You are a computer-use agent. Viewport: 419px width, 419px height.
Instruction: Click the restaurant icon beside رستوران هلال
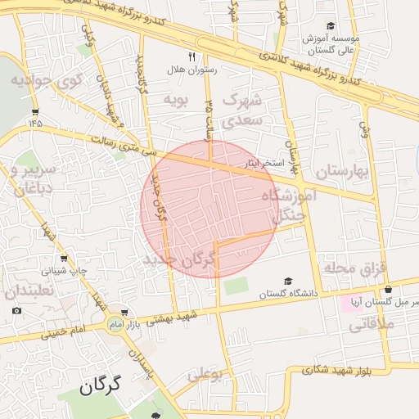click(x=191, y=57)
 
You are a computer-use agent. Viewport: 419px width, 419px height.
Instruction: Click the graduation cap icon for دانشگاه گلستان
click(x=286, y=282)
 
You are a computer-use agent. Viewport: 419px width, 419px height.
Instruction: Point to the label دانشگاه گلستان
click(x=286, y=294)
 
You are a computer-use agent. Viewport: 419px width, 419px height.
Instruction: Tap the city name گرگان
click(x=101, y=384)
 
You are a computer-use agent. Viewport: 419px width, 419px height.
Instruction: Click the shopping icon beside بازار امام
click(x=124, y=313)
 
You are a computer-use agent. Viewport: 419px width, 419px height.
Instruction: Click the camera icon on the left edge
click(x=16, y=310)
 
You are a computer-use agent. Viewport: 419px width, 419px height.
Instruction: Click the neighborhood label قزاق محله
click(x=354, y=268)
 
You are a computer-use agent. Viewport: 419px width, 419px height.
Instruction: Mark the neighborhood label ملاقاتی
click(x=372, y=324)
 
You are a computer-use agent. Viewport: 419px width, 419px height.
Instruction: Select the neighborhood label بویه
click(x=178, y=100)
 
